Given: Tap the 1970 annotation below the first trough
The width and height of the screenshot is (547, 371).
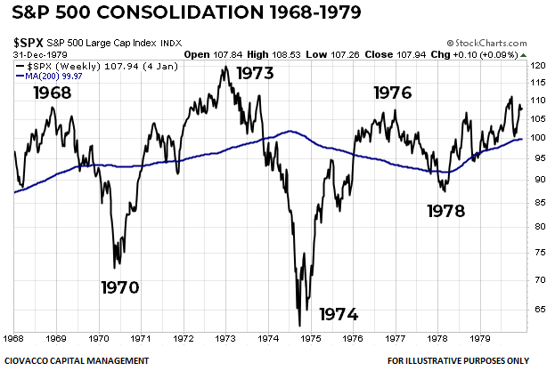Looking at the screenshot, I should pos(119,287).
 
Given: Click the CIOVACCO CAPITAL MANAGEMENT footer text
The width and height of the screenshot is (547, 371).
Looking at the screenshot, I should pos(75,360).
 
